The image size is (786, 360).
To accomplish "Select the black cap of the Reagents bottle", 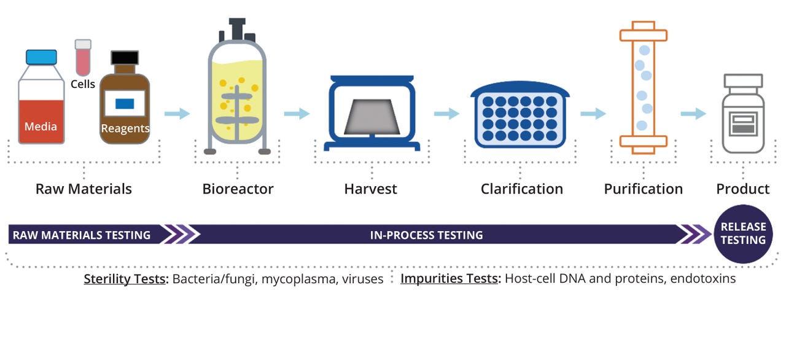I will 125,58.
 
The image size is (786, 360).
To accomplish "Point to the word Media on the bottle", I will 41,127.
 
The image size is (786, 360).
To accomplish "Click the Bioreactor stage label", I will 238,189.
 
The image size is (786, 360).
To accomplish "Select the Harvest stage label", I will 370,189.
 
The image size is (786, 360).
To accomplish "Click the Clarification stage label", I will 521,189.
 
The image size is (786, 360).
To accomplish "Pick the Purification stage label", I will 643,189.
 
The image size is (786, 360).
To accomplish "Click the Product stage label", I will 742,189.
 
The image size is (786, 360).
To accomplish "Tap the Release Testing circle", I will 743,234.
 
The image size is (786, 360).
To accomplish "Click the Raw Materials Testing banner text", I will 82,235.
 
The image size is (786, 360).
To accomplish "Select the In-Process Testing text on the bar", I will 426,235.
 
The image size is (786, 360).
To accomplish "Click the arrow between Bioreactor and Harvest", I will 297,114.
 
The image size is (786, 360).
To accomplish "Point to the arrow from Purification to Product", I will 693,114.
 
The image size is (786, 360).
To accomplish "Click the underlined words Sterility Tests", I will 125,279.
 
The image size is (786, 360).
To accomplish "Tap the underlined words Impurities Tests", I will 449,279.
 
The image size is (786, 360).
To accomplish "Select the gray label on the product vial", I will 742,125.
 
